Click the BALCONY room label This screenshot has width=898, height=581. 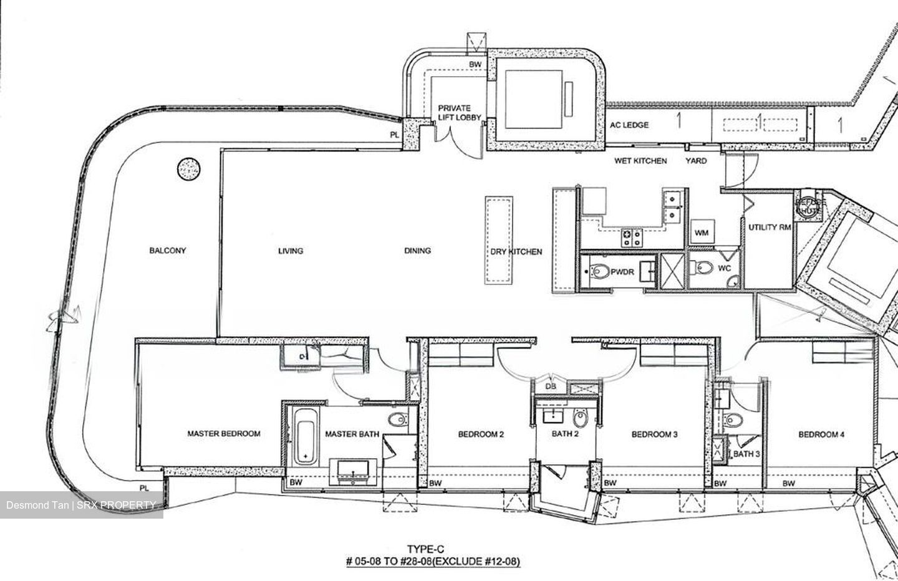click(x=167, y=251)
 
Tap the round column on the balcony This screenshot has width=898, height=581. click(x=189, y=169)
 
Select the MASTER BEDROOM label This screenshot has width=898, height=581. click(x=224, y=434)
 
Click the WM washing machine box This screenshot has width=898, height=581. click(x=701, y=233)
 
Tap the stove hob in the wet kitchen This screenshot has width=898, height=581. click(x=632, y=236)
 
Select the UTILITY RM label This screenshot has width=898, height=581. click(x=770, y=228)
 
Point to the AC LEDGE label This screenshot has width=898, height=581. click(x=629, y=125)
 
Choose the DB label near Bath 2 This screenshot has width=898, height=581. click(x=551, y=387)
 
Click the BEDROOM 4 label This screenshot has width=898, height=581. click(x=821, y=435)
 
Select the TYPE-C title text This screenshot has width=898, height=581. click(x=432, y=549)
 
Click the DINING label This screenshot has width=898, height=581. click(x=417, y=251)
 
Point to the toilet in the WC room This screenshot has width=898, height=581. click(x=704, y=268)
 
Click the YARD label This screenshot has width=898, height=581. click(x=696, y=161)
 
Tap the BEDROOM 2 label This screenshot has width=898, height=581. click(x=481, y=435)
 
